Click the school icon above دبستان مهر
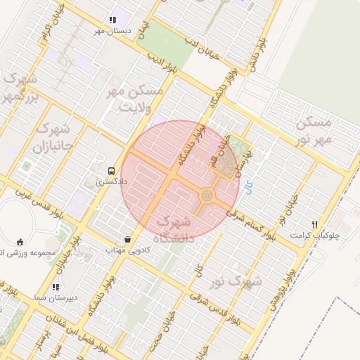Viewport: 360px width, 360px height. (x=112, y=21)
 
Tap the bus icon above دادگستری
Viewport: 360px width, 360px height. (x=111, y=171)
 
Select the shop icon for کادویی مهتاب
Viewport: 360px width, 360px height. (x=127, y=240)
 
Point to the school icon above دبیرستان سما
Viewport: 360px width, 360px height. (x=56, y=287)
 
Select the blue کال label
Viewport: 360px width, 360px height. (x=247, y=188)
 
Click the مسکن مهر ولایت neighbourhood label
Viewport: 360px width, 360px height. (x=134, y=98)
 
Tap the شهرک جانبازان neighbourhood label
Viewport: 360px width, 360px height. (x=52, y=139)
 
